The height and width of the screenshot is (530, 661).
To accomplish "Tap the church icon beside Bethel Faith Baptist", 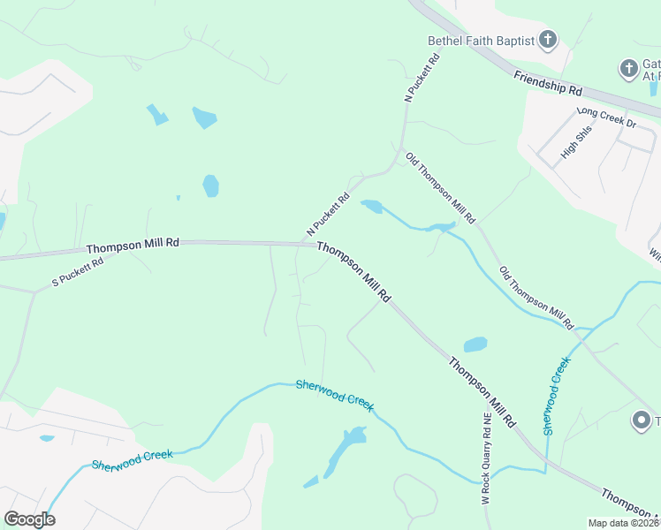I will coord(548,39).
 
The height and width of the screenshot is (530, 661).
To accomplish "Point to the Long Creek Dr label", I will coord(606,117).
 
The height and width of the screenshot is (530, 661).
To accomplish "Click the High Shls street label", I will coord(575,141).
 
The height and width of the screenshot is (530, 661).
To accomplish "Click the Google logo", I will coord(29,519).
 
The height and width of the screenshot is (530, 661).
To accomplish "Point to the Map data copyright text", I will coord(623,523).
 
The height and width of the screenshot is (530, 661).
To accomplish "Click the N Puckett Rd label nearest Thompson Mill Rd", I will coord(329,214).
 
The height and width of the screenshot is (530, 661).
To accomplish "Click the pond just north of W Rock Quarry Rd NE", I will coord(475,344).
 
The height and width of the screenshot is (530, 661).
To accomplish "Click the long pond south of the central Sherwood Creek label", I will coord(345,449).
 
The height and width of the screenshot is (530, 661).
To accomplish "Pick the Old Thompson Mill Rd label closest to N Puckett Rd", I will coord(441,187).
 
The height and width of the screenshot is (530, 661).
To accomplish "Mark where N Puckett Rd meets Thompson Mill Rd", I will coord(306,243).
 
